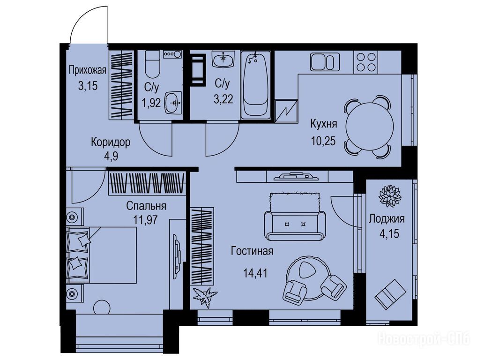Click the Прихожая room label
(x=87, y=71)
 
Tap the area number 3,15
(x=88, y=86)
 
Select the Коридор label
(x=111, y=142)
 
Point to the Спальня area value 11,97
(x=145, y=219)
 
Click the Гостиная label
(x=252, y=251)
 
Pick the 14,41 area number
(x=255, y=273)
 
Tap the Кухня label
(x=324, y=124)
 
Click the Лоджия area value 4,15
(x=389, y=234)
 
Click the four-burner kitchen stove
(x=365, y=62)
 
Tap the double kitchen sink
(x=325, y=62)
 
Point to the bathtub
(x=255, y=85)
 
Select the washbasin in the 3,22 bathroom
(x=224, y=59)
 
